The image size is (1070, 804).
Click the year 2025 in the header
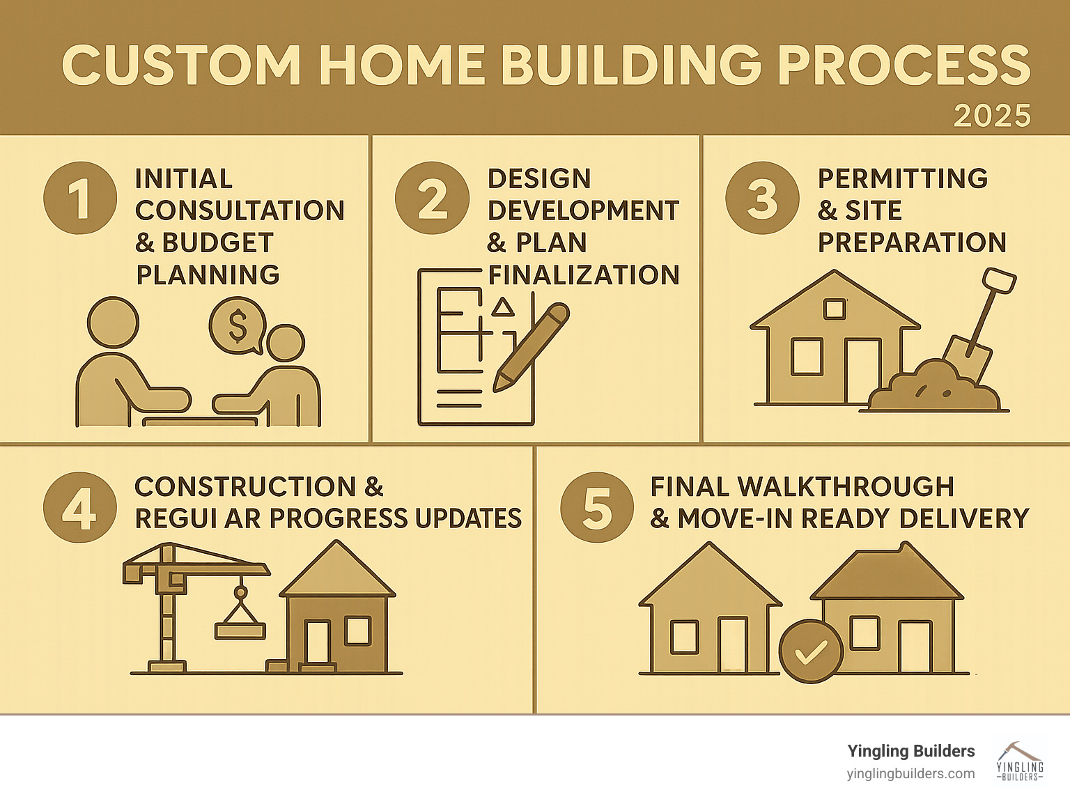992,116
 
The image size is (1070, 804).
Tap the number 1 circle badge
80,198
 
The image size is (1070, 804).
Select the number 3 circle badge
762,198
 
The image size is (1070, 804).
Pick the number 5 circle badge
597,507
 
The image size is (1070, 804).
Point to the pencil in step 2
531,347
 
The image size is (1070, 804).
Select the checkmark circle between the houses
810,651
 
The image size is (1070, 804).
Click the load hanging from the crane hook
240,631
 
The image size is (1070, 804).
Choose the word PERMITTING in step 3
903,178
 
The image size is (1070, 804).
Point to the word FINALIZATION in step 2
584,275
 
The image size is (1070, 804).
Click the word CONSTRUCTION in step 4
245,486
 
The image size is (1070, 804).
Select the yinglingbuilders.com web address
910,774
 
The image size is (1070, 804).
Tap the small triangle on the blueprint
502,307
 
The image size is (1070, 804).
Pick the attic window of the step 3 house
834,309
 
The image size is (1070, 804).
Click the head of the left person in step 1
113,323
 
